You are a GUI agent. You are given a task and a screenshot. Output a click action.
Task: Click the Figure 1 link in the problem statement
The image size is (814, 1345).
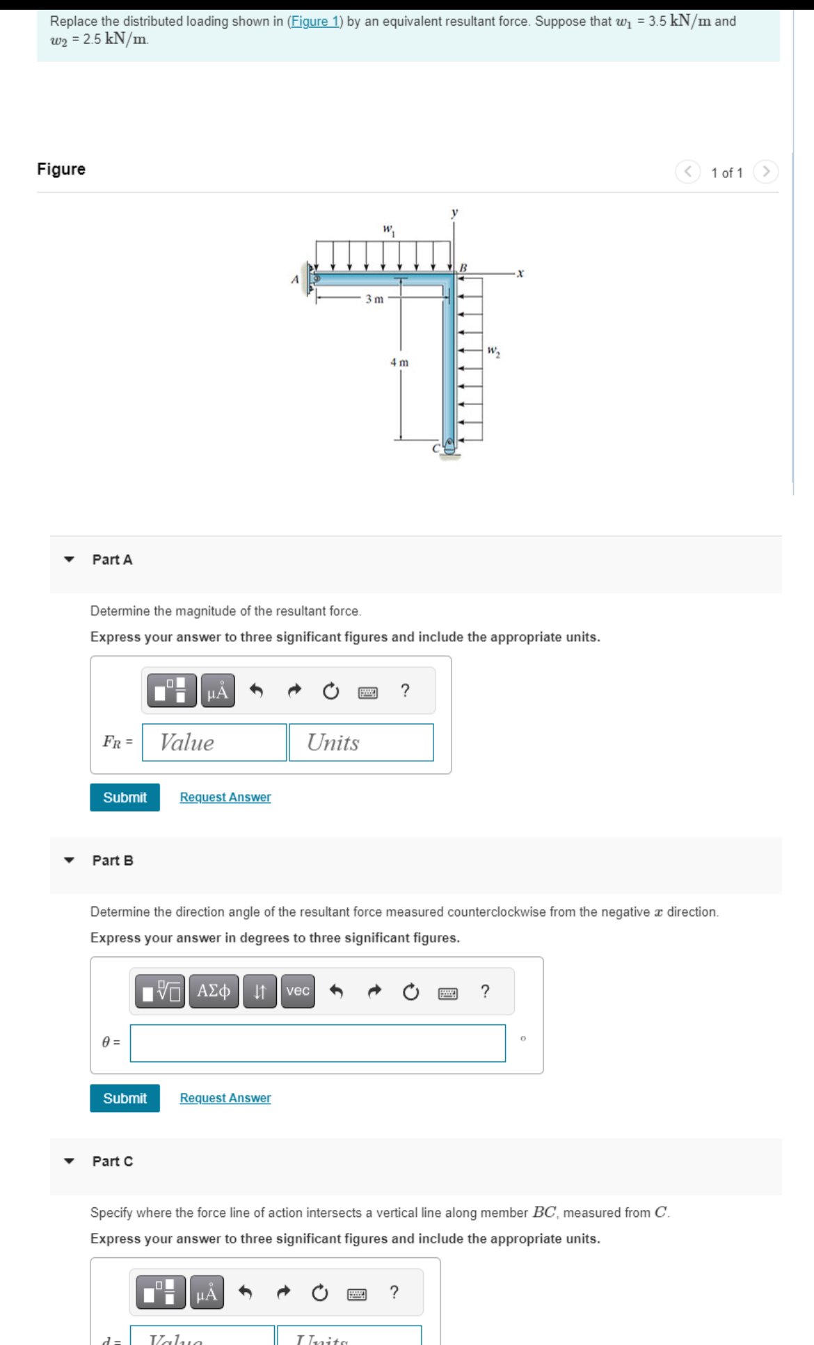coord(314,22)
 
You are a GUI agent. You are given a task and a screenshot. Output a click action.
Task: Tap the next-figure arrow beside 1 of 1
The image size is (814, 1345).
coord(765,172)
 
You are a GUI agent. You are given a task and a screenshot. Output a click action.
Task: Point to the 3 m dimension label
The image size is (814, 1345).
coord(374,299)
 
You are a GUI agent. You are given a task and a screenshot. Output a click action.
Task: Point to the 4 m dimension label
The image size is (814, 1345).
coord(399,362)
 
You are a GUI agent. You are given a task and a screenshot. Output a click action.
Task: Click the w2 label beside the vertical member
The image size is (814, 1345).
coord(493,351)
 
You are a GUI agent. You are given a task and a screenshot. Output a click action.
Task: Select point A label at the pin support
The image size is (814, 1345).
coord(294,280)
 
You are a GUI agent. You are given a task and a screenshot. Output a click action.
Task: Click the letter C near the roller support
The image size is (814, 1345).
coord(436,449)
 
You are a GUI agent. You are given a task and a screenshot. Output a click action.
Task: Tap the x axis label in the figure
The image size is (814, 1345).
coord(520,273)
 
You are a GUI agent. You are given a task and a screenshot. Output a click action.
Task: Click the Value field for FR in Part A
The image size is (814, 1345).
coord(214,742)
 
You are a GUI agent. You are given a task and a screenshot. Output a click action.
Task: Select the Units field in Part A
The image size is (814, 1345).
coord(361,742)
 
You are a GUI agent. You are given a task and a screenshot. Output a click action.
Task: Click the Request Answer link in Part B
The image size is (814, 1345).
coord(225,1097)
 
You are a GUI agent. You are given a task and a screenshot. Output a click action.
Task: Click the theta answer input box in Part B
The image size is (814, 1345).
coord(317,1042)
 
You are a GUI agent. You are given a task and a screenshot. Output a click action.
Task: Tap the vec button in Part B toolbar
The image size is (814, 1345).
coord(298,990)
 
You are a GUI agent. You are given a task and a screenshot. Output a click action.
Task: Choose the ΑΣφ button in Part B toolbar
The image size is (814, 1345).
coord(214,990)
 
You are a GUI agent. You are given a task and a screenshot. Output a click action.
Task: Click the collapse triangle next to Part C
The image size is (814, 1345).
coord(69,1161)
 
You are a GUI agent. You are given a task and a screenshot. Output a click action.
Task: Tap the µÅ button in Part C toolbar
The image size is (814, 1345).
coord(207,1292)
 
